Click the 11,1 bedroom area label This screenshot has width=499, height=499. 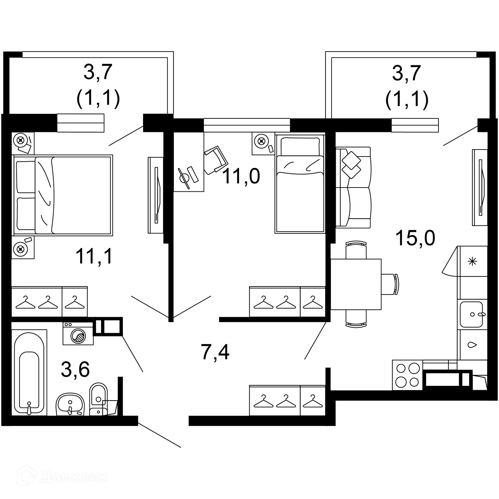tap(94, 256)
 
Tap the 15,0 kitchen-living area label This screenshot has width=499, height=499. tap(415, 238)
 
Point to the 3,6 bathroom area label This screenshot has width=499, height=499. tap(75, 369)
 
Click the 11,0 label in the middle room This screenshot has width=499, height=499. tap(241, 176)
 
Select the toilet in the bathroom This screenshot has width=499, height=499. tap(98, 398)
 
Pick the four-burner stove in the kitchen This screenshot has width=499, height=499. tap(407, 375)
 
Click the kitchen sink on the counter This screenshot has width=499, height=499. tap(471, 314)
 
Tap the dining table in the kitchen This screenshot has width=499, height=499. tap(356, 284)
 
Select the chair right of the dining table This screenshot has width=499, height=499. tap(390, 284)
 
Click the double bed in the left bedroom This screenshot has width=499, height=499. tap(62, 195)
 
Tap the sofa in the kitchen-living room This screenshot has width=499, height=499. tap(353, 187)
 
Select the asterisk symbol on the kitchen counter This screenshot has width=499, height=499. tap(472, 261)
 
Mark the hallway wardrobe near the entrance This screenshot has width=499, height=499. tap(287, 400)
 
